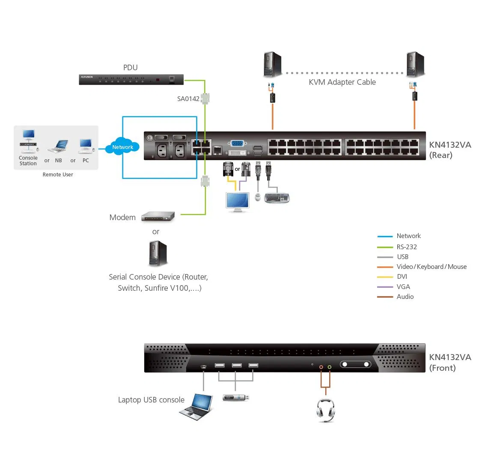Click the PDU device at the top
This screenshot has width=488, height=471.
point(131,80)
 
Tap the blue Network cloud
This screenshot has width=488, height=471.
point(122,147)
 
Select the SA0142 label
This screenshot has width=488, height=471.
point(188,99)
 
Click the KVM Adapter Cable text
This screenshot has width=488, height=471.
point(342,82)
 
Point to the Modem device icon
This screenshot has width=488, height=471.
point(158,217)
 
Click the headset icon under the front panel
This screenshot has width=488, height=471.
point(325,410)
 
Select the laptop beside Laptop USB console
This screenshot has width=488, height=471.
point(196,406)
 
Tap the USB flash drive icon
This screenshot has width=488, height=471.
point(235,398)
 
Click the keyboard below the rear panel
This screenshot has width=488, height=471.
point(277,198)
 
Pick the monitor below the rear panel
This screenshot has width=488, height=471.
point(238,202)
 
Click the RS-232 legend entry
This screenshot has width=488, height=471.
point(406,247)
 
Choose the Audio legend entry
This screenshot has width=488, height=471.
point(405,297)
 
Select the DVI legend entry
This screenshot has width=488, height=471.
point(402,277)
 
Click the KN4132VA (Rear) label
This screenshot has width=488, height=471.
point(449,150)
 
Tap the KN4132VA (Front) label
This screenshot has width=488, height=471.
point(449,362)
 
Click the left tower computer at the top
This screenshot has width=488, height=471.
point(272,64)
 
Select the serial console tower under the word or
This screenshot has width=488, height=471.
point(158,253)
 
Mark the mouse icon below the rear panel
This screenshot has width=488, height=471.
point(258,197)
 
